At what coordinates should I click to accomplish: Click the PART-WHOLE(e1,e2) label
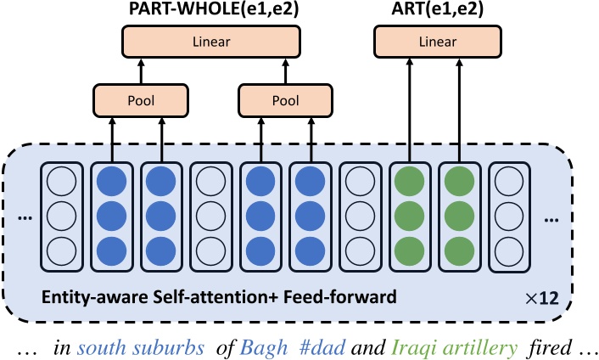tap(210, 11)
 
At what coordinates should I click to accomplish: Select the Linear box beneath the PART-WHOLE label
tap(211, 40)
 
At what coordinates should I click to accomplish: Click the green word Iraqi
tap(410, 345)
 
